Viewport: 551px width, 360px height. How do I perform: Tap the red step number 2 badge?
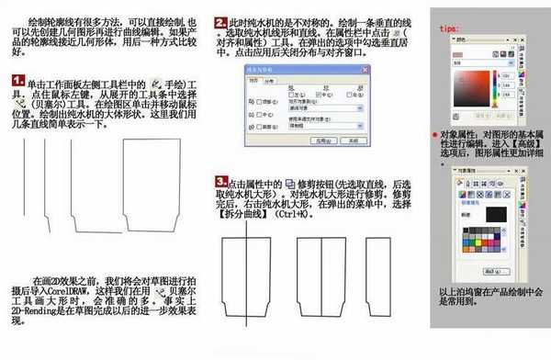[220, 20]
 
